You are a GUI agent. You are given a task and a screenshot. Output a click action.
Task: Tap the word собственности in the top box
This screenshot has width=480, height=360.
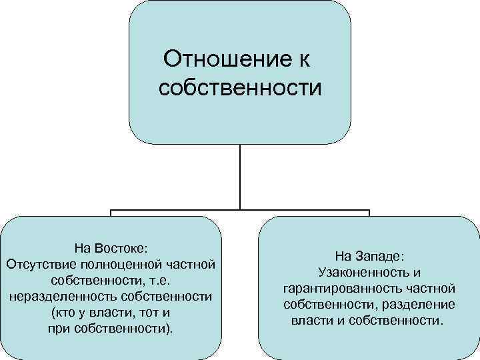[x=241, y=87]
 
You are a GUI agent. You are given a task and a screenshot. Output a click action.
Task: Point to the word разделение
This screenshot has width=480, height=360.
[x=418, y=305]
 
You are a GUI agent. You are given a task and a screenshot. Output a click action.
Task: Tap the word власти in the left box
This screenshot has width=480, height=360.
[x=114, y=312]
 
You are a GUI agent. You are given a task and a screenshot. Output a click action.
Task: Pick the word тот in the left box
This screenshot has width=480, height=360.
[x=152, y=312]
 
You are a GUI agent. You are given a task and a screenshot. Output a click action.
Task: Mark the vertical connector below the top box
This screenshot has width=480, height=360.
[x=240, y=177]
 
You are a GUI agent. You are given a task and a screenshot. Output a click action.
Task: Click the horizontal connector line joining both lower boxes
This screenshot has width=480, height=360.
[x=240, y=211]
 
